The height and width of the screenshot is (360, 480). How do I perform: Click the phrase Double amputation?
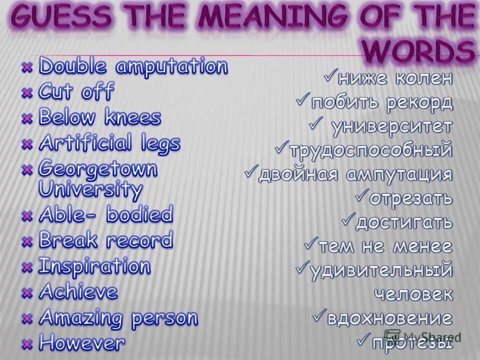pos(133,67)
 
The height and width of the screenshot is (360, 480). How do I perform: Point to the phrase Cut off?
pos(76,92)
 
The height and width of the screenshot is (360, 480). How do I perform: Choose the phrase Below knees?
pos(100,118)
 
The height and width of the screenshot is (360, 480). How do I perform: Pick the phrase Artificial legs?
pos(109,143)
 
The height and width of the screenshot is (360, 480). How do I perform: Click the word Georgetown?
pos(98,169)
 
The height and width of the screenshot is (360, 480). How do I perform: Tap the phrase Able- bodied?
pos(105,215)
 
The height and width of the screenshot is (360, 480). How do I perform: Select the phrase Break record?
pos(105,240)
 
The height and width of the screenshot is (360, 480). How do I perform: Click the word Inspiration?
pos(94,266)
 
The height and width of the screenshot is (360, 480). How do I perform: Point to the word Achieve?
pos(78,291)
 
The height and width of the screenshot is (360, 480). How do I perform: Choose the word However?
pos(82,343)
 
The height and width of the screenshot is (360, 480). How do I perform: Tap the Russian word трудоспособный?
pos(370,149)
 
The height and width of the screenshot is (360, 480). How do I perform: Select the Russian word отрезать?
pos(411,198)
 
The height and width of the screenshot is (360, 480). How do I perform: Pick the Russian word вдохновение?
pos(389,318)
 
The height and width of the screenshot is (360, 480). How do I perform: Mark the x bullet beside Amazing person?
pos(28,318)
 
